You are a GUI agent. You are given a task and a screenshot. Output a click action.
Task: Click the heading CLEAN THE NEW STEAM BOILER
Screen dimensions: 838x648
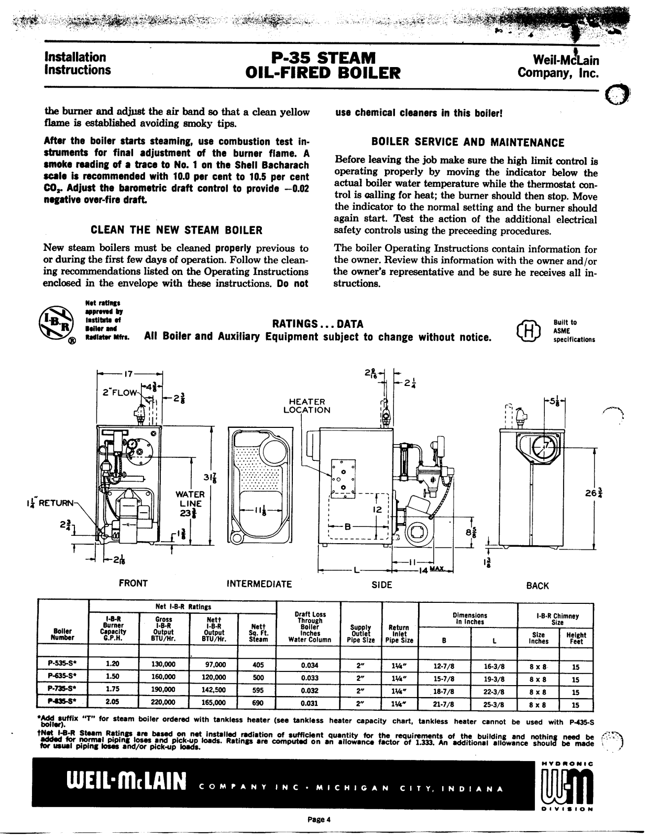pyautogui.click(x=177, y=230)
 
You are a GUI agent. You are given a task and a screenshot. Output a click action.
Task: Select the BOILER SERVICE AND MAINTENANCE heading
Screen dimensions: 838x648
pyautogui.click(x=468, y=142)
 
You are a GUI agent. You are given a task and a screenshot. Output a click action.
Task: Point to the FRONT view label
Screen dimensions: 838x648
pyautogui.click(x=133, y=583)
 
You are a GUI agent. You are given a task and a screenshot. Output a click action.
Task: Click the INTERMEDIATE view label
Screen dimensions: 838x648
pyautogui.click(x=259, y=583)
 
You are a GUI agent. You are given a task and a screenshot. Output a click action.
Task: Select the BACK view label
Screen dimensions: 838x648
pyautogui.click(x=537, y=586)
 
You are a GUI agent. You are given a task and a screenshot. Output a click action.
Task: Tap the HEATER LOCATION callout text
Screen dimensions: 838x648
pyautogui.click(x=307, y=405)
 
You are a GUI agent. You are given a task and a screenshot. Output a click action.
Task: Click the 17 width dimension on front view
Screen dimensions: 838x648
pyautogui.click(x=129, y=374)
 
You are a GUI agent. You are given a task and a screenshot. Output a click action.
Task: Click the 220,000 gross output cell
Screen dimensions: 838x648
pyautogui.click(x=163, y=703)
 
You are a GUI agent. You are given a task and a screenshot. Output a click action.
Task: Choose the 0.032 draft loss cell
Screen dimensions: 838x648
pyautogui.click(x=310, y=690)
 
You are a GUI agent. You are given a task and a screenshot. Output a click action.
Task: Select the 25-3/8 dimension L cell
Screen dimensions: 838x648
pyautogui.click(x=493, y=703)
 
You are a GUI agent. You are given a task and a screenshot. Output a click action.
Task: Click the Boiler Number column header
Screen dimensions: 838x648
pyautogui.click(x=62, y=634)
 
